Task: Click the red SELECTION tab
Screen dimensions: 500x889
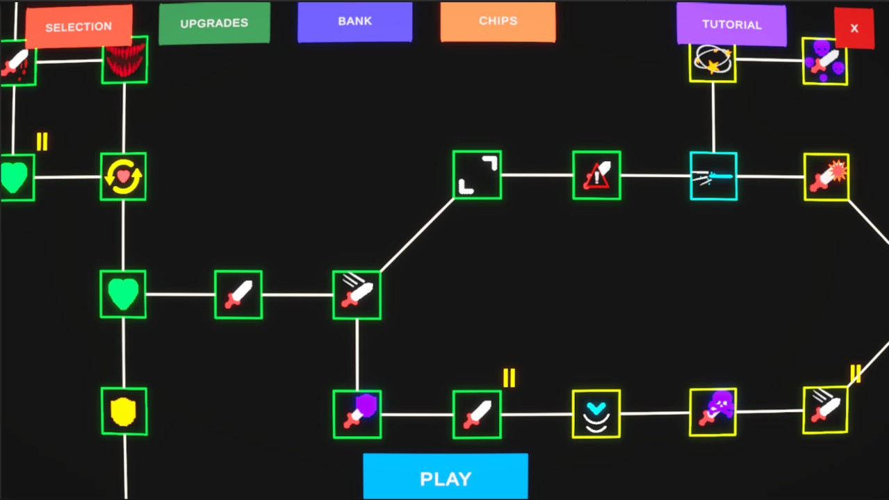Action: point(79,27)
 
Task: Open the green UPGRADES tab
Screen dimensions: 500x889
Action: point(214,23)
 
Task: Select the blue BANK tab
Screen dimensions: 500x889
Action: point(354,22)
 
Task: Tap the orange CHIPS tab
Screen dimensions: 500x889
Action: point(498,22)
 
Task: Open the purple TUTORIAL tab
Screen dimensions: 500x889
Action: point(731,24)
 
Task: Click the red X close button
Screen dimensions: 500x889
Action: point(854,28)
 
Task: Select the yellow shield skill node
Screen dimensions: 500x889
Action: point(124,411)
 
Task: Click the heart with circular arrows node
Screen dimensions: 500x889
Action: point(123,176)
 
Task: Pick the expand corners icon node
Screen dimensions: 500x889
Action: point(477,175)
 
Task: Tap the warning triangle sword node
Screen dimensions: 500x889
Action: point(596,175)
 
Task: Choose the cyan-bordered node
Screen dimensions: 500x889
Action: point(713,176)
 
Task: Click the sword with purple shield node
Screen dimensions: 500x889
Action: point(357,414)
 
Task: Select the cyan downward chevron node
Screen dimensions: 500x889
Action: point(596,414)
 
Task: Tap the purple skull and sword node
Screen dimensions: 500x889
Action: point(712,412)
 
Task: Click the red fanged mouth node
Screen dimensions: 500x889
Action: point(124,60)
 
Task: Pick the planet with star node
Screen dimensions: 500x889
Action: point(712,60)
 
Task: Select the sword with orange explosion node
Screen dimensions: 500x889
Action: point(826,177)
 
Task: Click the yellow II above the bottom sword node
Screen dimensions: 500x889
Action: point(509,378)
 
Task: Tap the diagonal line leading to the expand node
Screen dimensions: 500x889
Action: point(417,235)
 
